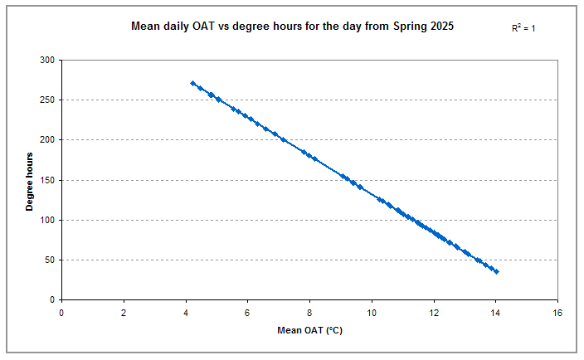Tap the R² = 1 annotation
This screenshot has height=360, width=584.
[x=524, y=28]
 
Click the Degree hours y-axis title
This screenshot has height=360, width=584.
[x=30, y=181]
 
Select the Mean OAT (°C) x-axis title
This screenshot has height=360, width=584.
[x=309, y=331]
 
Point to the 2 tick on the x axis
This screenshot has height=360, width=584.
[x=124, y=312]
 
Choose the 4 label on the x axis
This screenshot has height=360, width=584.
[x=186, y=312]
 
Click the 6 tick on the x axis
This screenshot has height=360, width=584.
[x=247, y=312]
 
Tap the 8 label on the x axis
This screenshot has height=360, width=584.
[x=309, y=312]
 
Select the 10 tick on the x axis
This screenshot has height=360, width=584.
[x=372, y=312]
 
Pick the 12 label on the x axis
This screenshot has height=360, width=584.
[x=434, y=312]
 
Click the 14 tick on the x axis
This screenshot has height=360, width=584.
[x=495, y=312]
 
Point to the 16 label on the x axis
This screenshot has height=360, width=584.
[x=557, y=312]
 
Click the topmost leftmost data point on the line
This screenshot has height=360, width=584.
[x=192, y=83]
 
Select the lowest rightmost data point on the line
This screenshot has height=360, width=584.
[x=496, y=271]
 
